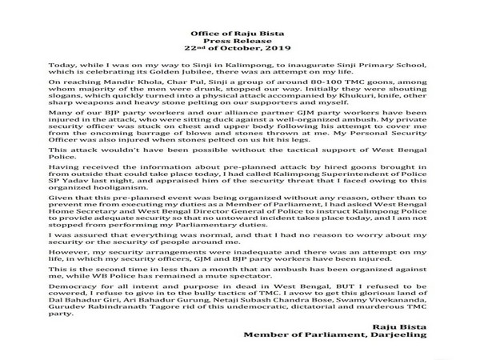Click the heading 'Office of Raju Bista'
239,8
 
